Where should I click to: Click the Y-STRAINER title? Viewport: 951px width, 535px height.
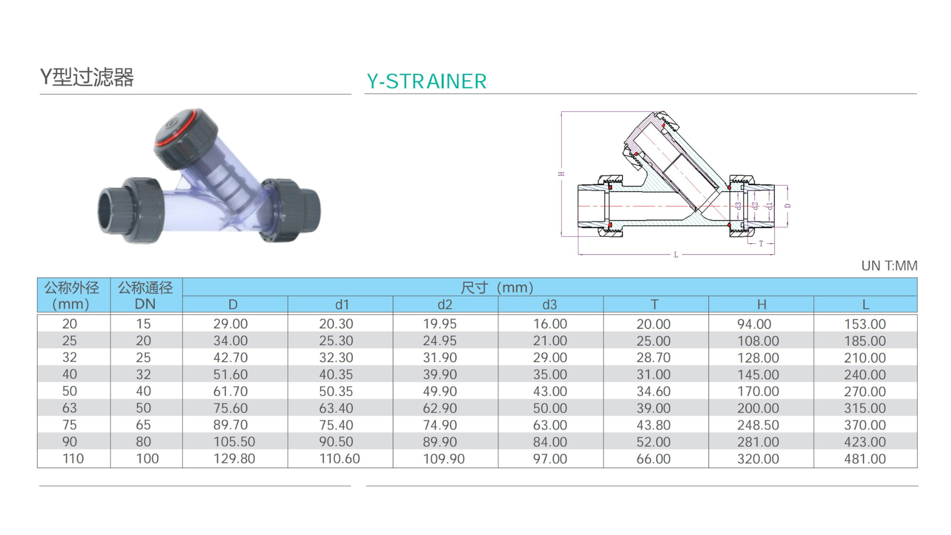(426, 81)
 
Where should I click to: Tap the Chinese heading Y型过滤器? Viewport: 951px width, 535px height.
(87, 77)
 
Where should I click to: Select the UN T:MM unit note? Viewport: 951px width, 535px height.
(889, 266)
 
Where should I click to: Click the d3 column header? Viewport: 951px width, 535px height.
(549, 304)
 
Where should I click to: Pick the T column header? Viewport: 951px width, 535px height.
(654, 304)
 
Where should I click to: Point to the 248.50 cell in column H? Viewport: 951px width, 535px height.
(758, 425)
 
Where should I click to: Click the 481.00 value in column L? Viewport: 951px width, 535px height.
(865, 459)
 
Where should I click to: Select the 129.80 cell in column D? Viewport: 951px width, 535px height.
(234, 459)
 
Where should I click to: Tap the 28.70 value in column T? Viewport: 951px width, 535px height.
(653, 358)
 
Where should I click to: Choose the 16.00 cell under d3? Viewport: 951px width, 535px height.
(550, 324)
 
